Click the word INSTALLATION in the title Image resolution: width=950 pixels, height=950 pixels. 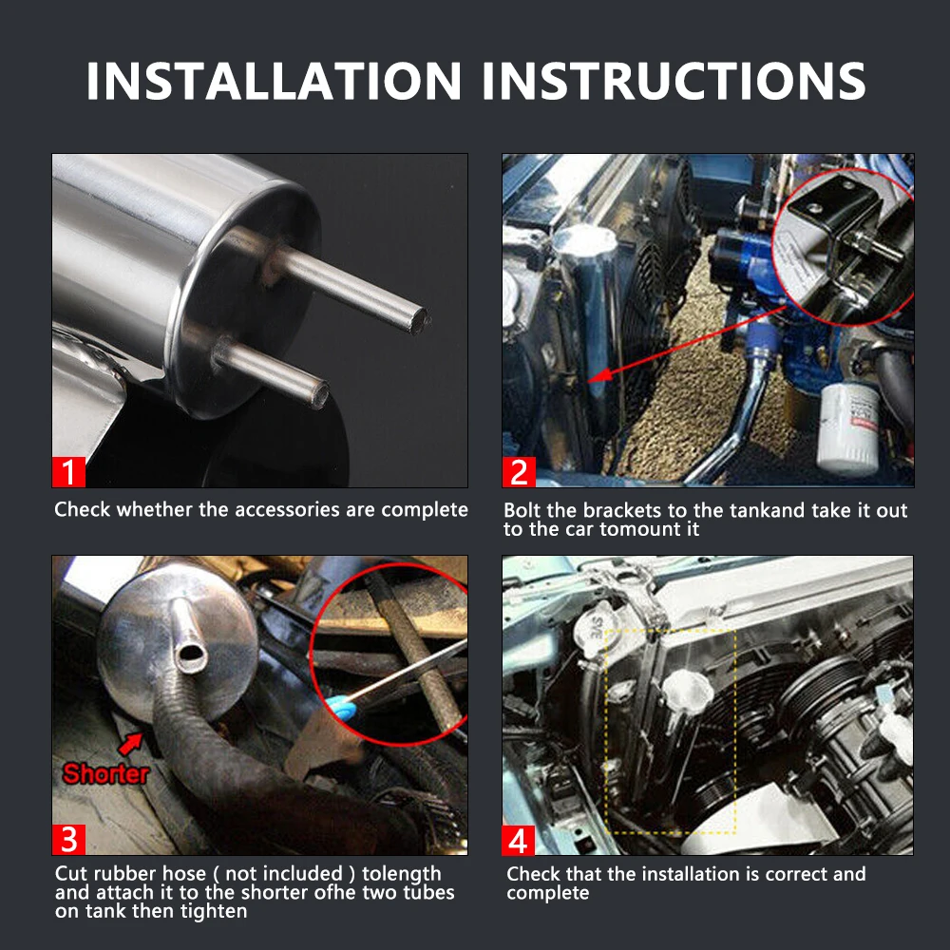point(274,81)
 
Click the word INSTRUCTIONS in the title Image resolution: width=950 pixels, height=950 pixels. point(674,81)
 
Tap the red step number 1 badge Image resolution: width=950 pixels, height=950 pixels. point(68,471)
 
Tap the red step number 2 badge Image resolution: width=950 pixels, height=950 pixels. point(519,471)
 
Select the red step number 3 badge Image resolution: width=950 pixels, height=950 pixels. point(68,839)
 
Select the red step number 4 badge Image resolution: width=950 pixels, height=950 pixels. point(518,841)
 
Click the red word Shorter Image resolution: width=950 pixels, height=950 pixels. point(106,773)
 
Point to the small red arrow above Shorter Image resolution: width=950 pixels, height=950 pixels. point(131,744)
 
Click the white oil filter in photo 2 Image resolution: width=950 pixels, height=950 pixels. point(848,428)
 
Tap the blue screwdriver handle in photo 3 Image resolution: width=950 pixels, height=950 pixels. point(340,707)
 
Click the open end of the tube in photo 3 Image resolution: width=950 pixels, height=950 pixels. point(191,655)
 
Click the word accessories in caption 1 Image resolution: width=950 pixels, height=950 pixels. point(287,509)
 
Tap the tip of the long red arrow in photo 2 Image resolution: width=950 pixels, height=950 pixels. point(589,381)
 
